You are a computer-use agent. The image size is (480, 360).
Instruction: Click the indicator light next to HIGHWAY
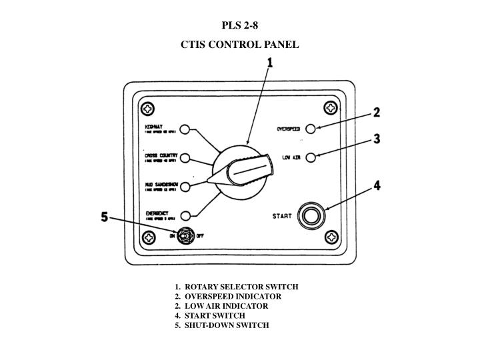(185, 130)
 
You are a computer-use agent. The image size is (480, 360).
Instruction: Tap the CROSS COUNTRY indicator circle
(185, 158)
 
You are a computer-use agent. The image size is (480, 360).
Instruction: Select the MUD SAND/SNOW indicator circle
(185, 186)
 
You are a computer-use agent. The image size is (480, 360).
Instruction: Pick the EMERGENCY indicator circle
(185, 215)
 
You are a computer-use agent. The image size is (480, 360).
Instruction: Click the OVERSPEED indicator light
(319, 128)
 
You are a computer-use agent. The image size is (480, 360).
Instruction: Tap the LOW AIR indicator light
(319, 156)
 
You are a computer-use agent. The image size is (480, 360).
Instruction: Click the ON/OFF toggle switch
(185, 235)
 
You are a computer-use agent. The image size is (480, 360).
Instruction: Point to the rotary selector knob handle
(248, 169)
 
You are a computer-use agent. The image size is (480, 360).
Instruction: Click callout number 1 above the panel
(271, 62)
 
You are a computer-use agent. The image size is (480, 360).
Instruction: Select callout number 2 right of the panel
(377, 112)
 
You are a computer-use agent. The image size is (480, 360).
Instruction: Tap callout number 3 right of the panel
(377, 139)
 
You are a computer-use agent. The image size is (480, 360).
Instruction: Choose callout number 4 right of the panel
(377, 186)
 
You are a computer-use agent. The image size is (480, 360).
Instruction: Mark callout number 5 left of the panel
(104, 217)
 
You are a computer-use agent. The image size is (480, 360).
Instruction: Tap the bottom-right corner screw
(331, 237)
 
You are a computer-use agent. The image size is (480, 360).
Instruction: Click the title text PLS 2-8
(240, 27)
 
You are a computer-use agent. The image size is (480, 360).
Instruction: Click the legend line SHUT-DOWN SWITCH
(222, 325)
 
